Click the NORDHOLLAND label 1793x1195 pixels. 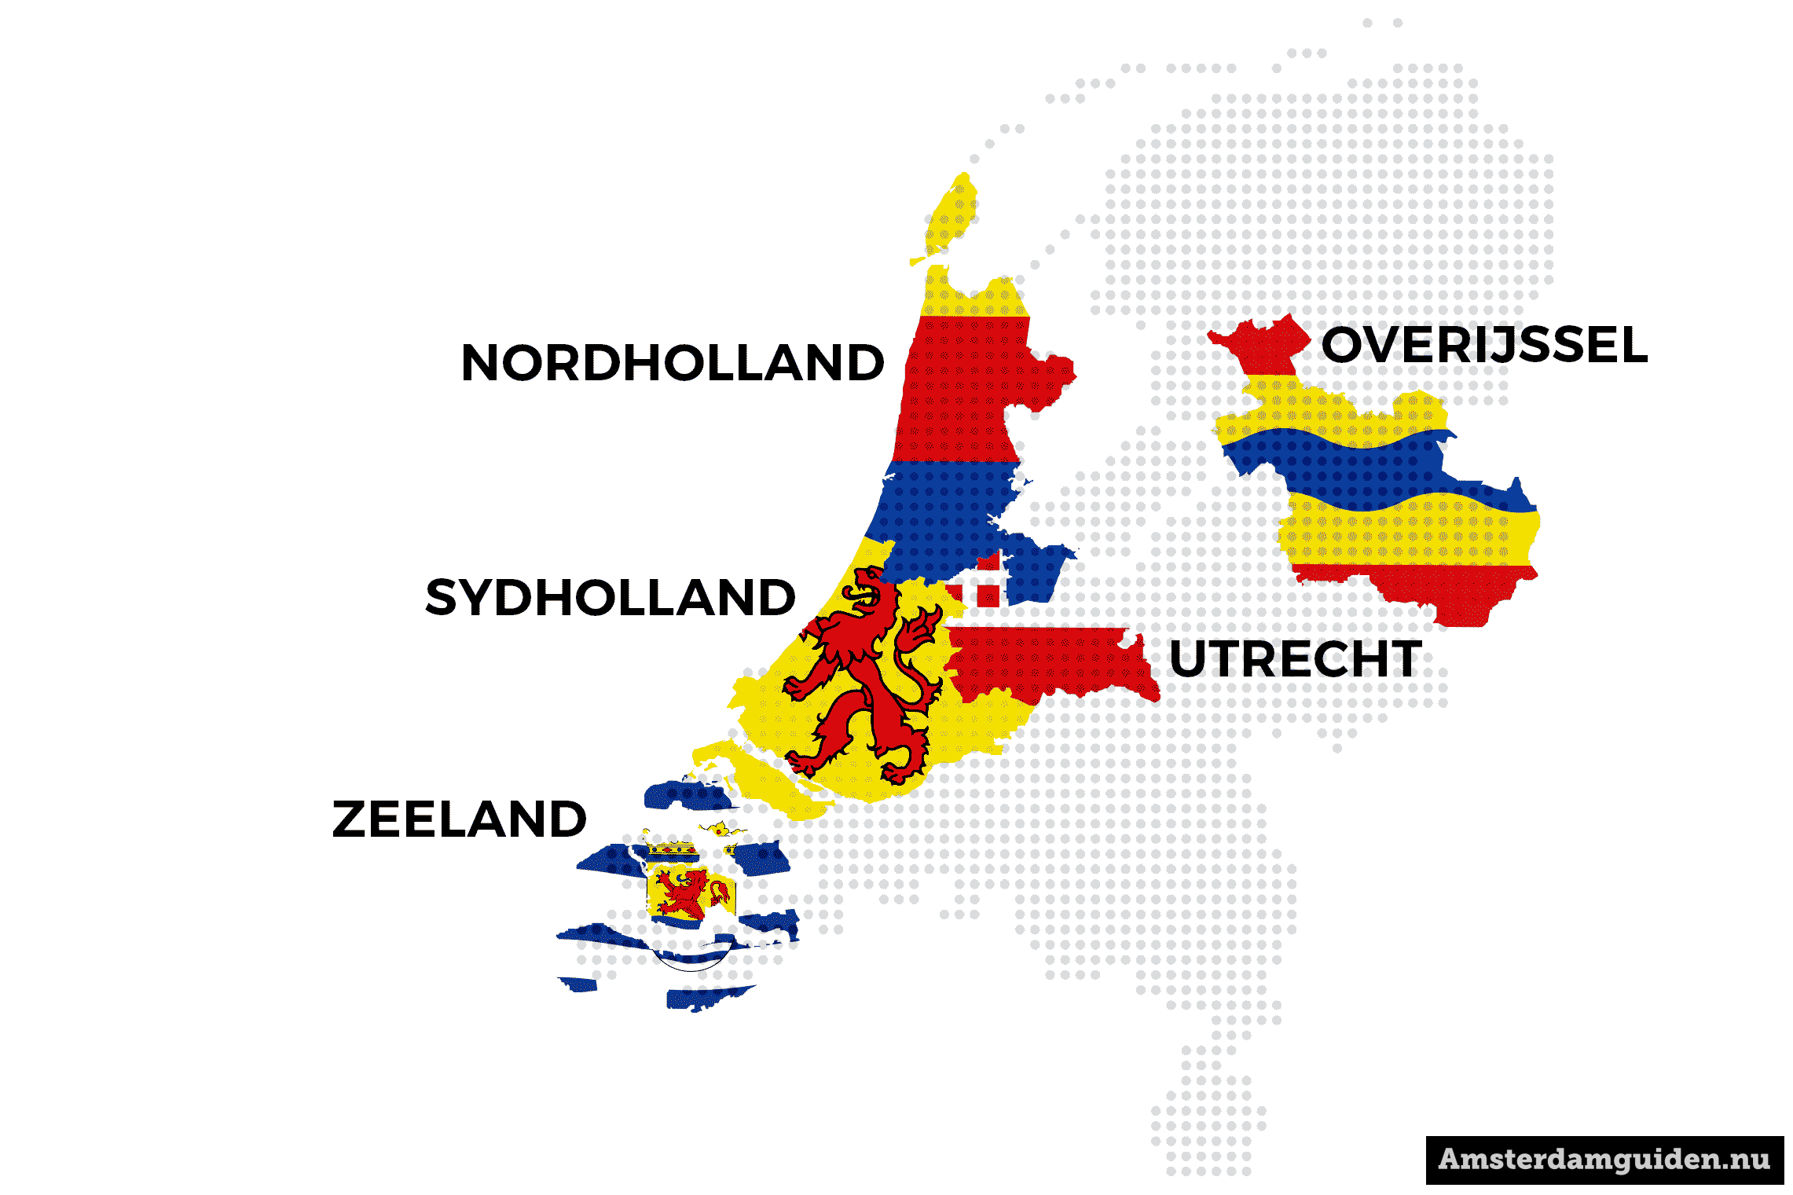(673, 363)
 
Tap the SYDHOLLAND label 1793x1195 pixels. (610, 598)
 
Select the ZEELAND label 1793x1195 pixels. (460, 819)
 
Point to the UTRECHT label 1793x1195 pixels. (1296, 659)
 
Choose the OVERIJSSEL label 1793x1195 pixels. (1484, 345)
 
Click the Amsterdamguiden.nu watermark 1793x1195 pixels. (1604, 1160)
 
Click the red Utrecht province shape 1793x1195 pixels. (1053, 660)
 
